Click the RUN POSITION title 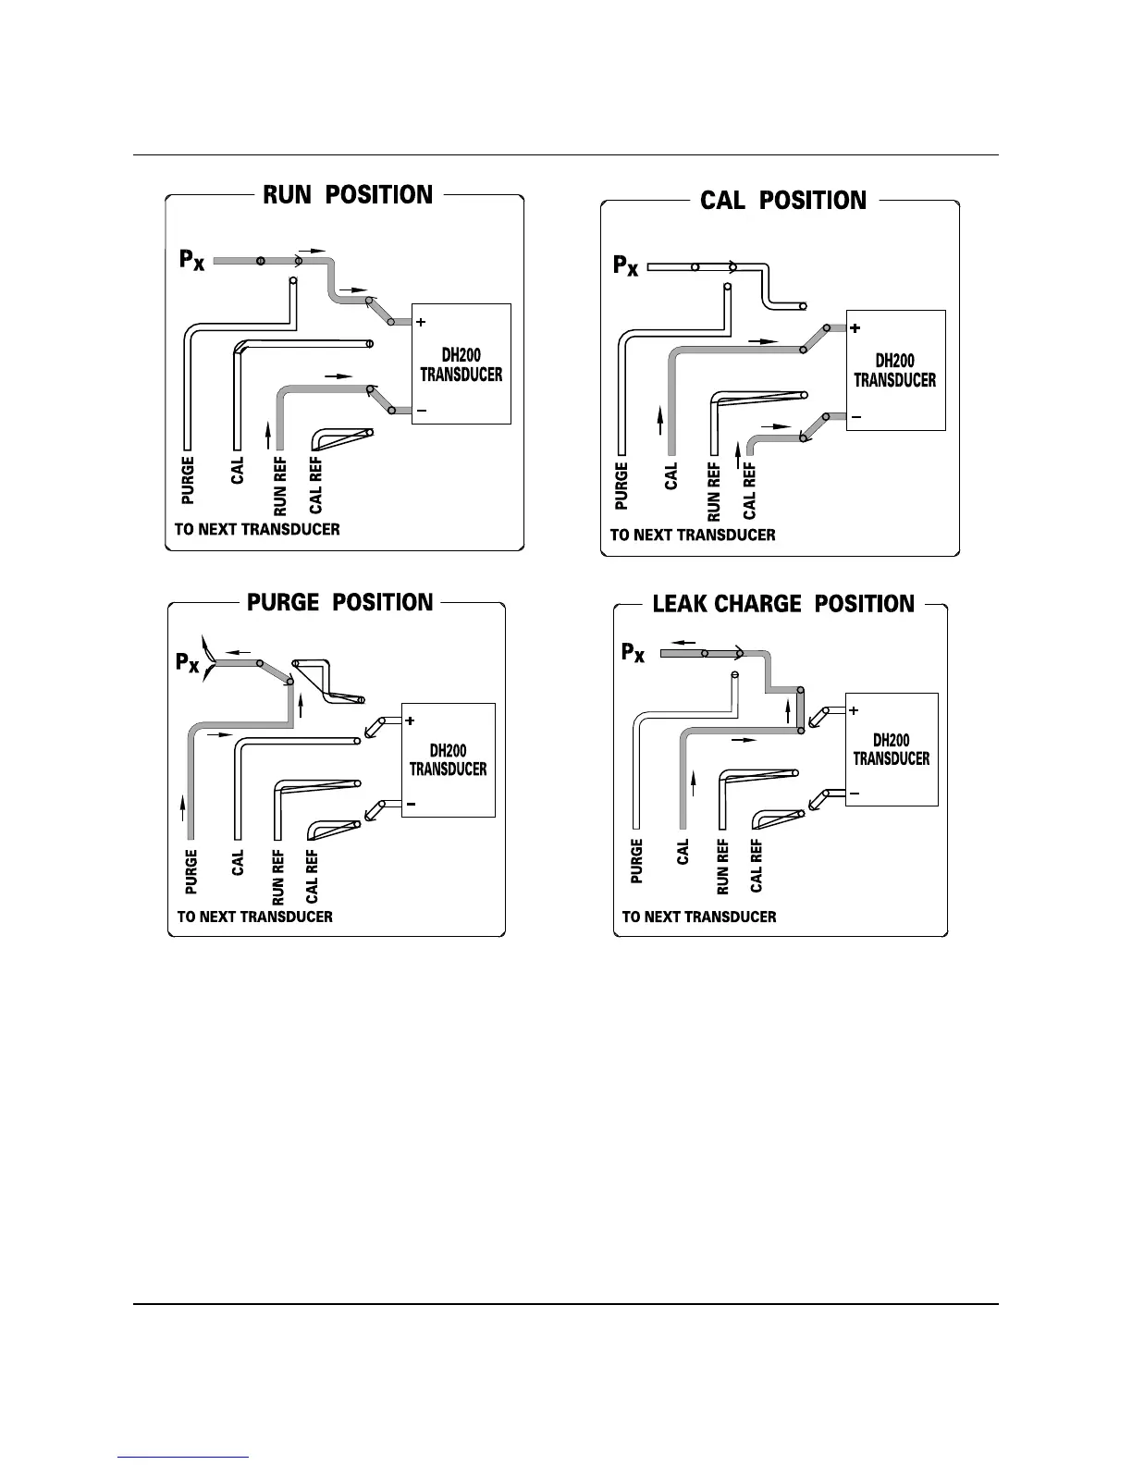(x=348, y=195)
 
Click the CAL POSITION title (x=783, y=201)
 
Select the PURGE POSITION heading (x=339, y=602)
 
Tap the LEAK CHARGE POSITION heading (x=782, y=604)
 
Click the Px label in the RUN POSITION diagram (x=192, y=260)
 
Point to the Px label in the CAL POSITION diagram (x=626, y=265)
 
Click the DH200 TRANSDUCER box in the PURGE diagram (x=449, y=760)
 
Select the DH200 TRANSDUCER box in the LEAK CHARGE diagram (x=892, y=749)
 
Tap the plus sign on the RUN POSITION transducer (x=421, y=323)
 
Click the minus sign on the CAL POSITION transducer (x=855, y=417)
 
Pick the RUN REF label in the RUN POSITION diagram (x=280, y=486)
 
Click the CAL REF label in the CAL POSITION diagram (x=749, y=491)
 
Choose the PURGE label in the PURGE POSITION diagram (x=191, y=871)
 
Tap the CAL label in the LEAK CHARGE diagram (x=683, y=852)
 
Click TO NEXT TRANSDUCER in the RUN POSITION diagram (x=257, y=530)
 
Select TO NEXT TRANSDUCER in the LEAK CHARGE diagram (x=699, y=917)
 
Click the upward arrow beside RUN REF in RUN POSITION (x=268, y=433)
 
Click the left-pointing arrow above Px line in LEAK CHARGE (x=684, y=641)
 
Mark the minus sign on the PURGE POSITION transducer (x=410, y=805)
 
